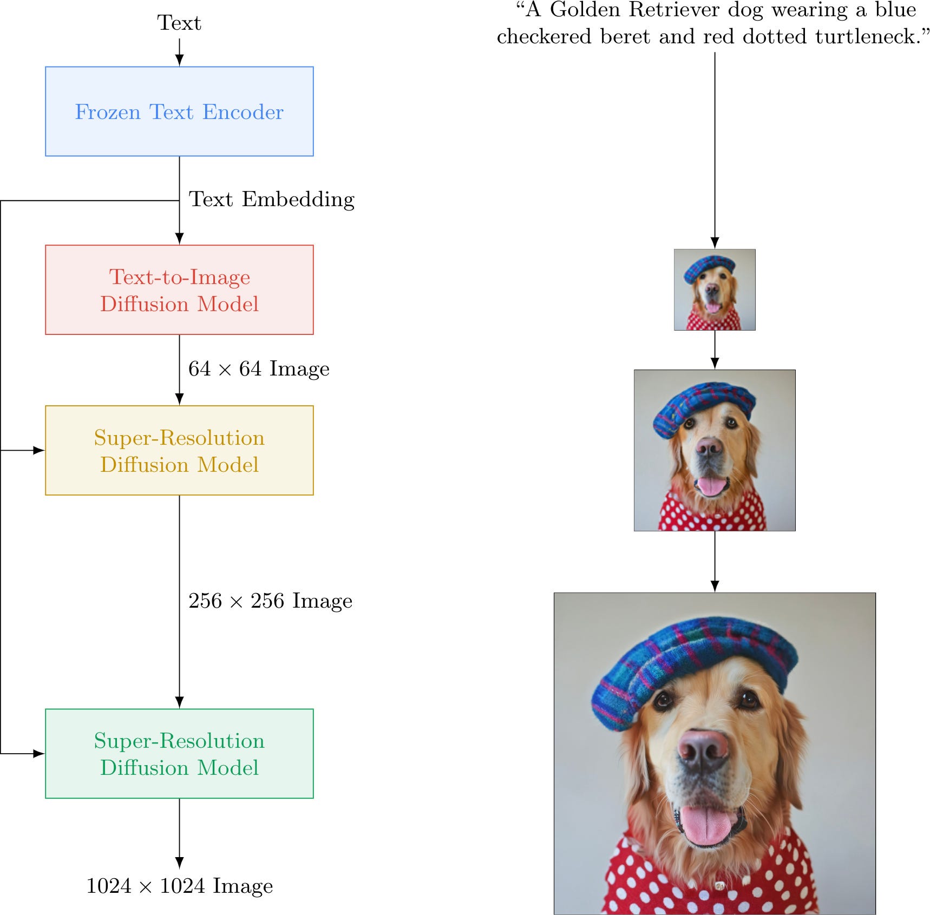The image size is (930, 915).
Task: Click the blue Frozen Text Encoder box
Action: click(x=179, y=111)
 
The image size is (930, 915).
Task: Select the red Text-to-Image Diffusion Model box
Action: click(x=179, y=289)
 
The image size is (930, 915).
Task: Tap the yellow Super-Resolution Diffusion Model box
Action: click(x=179, y=450)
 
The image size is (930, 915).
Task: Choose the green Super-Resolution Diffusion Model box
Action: click(x=179, y=753)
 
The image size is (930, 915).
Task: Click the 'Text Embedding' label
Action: click(x=271, y=200)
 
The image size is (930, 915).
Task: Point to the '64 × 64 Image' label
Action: click(x=259, y=369)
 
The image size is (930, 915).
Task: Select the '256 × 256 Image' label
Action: click(x=270, y=601)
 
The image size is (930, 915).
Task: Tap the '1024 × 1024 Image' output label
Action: click(x=179, y=886)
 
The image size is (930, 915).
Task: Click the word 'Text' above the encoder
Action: click(x=179, y=23)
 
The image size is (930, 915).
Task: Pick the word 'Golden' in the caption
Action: click(x=585, y=10)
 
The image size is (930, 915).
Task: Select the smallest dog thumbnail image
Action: click(x=715, y=289)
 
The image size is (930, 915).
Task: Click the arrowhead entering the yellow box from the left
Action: click(x=39, y=450)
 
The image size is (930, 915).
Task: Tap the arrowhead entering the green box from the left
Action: click(x=39, y=753)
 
